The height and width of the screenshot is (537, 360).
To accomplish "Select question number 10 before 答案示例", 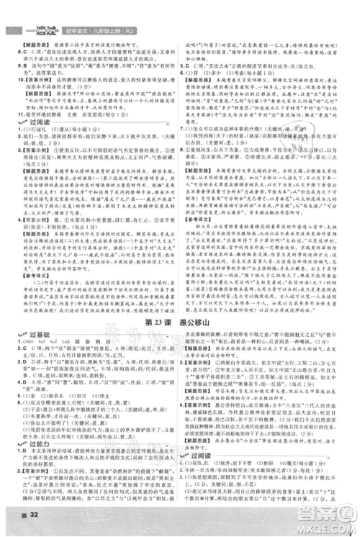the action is point(9,74).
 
